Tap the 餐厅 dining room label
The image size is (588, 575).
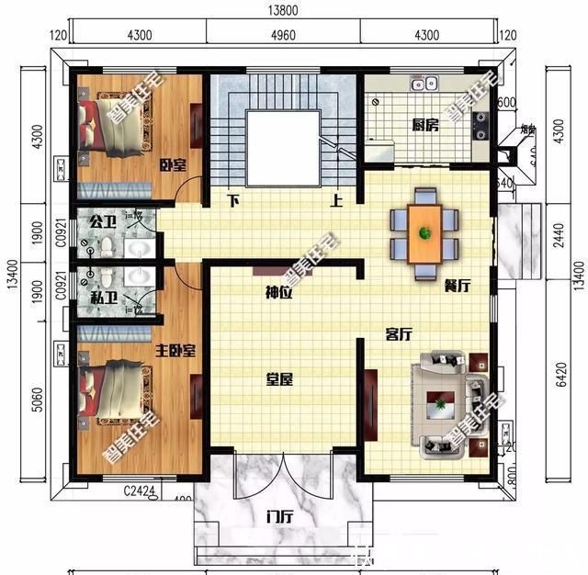[x=457, y=286]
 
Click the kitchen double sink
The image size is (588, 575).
[x=424, y=85]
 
